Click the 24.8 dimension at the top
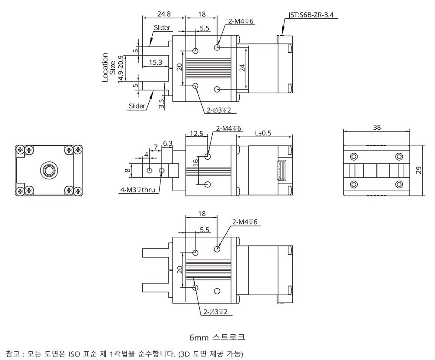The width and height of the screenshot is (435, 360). [164, 14]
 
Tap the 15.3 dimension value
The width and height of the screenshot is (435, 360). [155, 62]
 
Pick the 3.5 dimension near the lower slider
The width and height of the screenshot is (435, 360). [162, 103]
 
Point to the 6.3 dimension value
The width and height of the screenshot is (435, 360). [168, 143]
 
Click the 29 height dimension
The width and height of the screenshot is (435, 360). [418, 170]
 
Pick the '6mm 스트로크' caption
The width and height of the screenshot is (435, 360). [217, 337]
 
